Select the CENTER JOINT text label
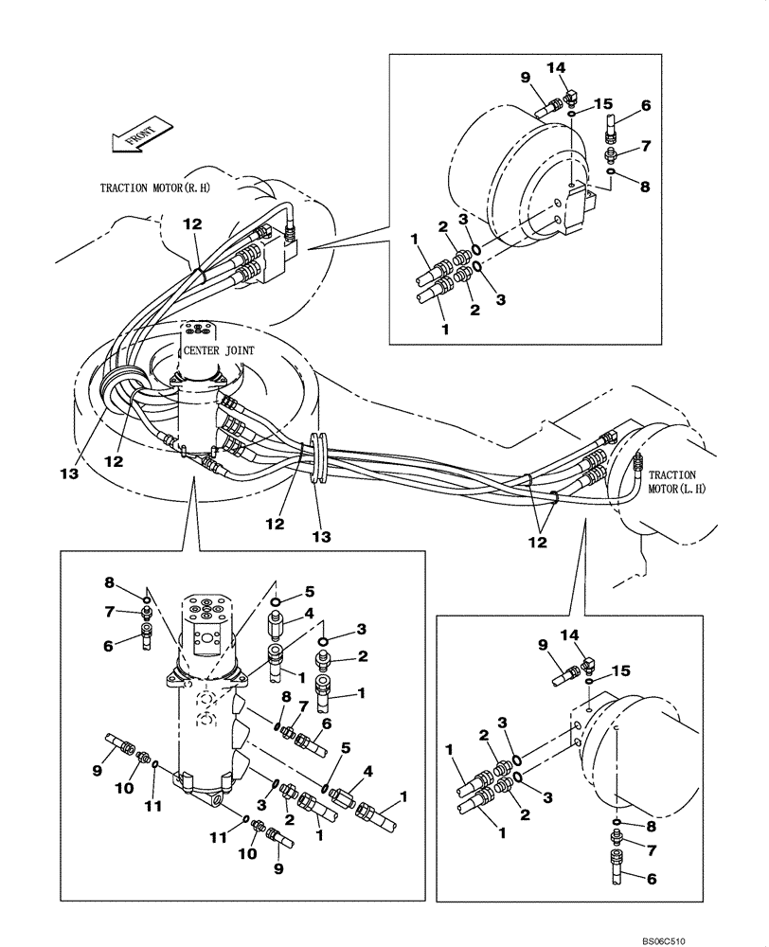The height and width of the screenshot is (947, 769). (222, 348)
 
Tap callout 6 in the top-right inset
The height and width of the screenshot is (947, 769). (646, 105)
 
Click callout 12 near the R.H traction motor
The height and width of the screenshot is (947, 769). (192, 223)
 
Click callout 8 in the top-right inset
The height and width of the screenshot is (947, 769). (645, 187)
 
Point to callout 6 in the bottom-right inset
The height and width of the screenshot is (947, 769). (653, 878)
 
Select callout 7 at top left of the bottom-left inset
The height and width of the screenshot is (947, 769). (109, 613)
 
